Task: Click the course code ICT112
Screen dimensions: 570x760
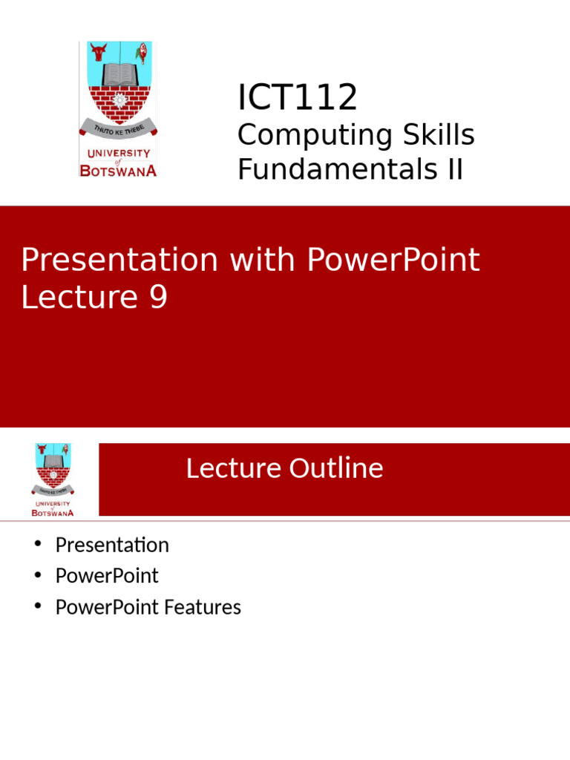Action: tap(297, 97)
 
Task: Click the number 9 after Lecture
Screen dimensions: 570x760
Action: tap(158, 297)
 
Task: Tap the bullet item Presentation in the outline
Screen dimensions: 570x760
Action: tap(112, 545)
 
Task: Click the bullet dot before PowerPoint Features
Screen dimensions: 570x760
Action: tap(38, 606)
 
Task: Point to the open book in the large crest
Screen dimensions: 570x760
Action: tap(119, 74)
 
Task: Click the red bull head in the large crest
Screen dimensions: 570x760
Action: tap(99, 52)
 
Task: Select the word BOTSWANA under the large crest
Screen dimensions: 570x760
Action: tap(118, 171)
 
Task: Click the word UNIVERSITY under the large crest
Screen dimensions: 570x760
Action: tap(119, 153)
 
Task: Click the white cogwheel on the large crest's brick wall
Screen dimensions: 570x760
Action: tap(119, 101)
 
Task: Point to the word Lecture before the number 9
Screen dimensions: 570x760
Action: tap(79, 297)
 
